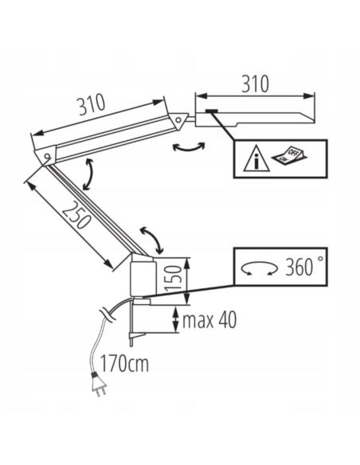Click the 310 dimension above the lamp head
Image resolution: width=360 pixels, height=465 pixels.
pyautogui.click(x=255, y=84)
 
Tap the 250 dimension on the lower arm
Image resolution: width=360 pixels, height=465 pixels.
pyautogui.click(x=76, y=215)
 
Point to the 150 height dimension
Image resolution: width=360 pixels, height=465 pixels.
pyautogui.click(x=172, y=278)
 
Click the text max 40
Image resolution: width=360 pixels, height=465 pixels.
pyautogui.click(x=209, y=320)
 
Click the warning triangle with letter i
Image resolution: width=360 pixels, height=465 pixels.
pyautogui.click(x=256, y=158)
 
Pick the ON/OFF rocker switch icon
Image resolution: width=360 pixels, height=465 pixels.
pyautogui.click(x=289, y=156)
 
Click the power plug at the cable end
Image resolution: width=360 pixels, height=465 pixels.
pyautogui.click(x=99, y=385)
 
